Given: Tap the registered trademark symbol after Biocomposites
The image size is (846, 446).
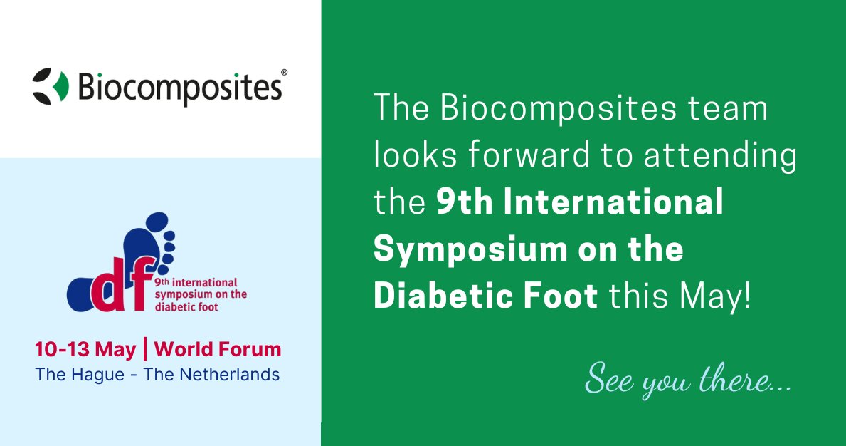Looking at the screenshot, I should coord(284,73).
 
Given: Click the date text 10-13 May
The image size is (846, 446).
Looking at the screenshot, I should coord(85,350).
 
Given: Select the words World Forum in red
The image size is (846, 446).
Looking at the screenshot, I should coord(218,350).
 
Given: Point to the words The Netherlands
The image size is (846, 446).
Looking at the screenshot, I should coord(211,374).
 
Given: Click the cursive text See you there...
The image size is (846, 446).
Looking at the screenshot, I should coord(687,383).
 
